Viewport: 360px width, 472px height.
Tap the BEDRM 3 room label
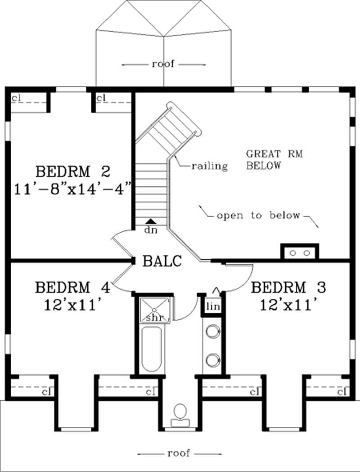pos(288,287)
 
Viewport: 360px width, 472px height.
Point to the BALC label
pos(162,261)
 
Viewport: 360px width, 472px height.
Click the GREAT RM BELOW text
pos(274,159)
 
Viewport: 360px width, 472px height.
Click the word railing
pos(209,166)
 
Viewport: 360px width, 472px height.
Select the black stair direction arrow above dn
pos(151,221)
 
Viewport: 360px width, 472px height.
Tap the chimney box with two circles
pos(300,252)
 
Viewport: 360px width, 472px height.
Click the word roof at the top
pos(163,64)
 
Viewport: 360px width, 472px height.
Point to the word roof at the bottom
pos(179,453)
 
